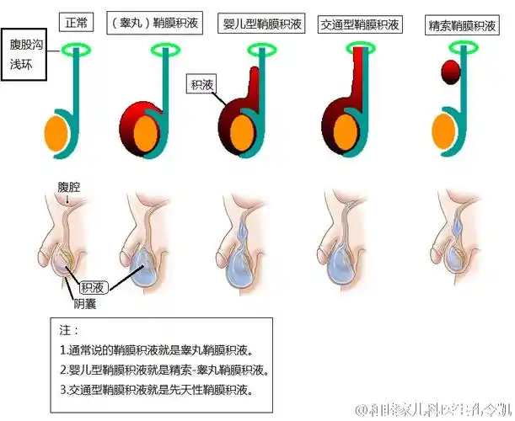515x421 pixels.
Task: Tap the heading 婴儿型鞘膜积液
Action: [259, 24]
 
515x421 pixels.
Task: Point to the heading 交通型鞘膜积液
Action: [360, 24]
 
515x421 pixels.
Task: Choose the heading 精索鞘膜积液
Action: [464, 24]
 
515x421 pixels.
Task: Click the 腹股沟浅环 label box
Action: [25, 53]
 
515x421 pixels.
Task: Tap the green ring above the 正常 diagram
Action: [82, 50]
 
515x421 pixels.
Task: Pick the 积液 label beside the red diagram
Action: [201, 83]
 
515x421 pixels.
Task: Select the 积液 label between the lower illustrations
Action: [92, 286]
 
